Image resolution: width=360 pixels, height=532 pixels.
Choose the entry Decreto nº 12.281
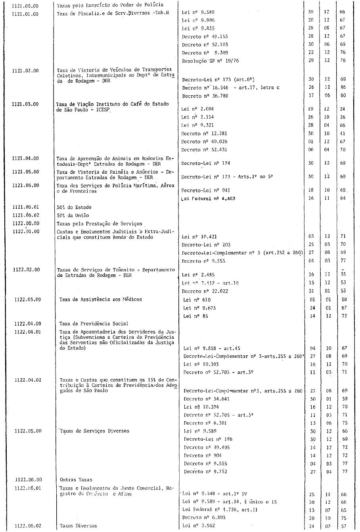click(x=205, y=134)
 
